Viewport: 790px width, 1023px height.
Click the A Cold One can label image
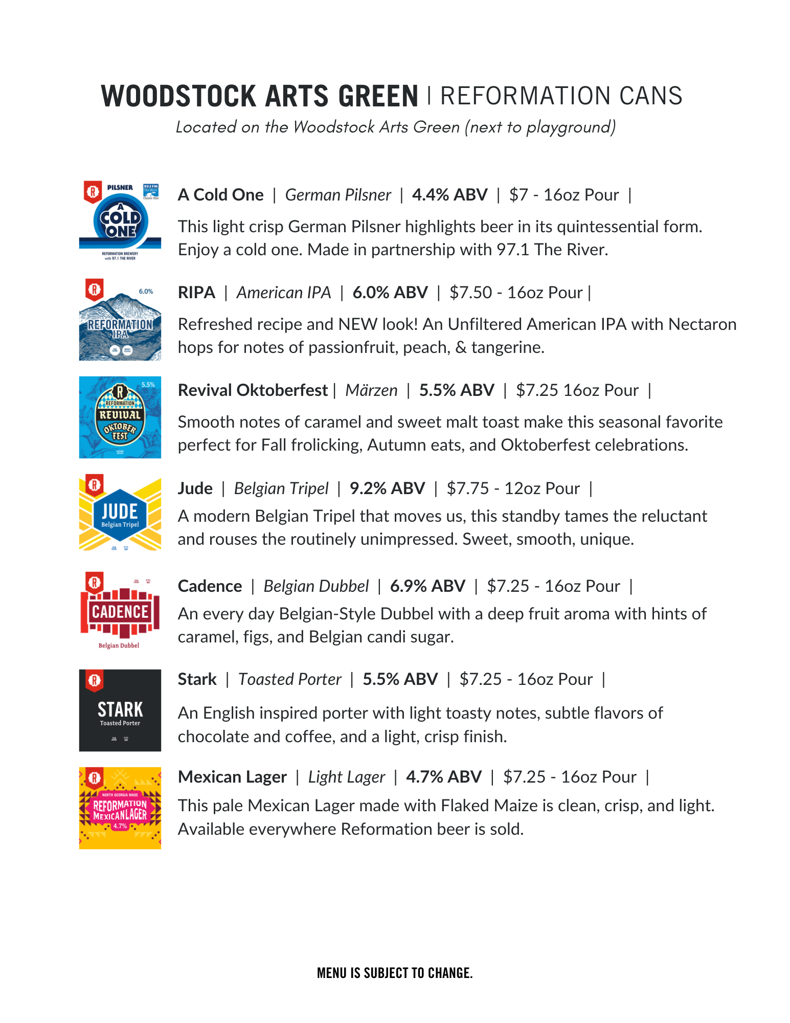(120, 220)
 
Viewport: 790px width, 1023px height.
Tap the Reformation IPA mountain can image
(120, 319)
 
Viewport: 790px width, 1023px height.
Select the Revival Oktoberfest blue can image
(120, 417)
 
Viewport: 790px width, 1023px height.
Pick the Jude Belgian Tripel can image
(120, 515)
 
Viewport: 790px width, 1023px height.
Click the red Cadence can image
(120, 611)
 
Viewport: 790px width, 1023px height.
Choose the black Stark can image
(120, 710)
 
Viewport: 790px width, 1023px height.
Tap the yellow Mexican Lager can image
(120, 808)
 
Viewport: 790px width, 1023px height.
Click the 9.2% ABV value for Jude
(387, 488)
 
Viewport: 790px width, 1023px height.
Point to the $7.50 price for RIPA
(470, 293)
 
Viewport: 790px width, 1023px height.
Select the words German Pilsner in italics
(337, 195)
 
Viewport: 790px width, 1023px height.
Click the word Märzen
(371, 390)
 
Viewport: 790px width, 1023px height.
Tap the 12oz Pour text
(542, 488)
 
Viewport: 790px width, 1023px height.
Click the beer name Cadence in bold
(210, 586)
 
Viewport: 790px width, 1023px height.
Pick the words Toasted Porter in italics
(289, 679)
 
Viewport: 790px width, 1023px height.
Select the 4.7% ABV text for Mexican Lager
(443, 777)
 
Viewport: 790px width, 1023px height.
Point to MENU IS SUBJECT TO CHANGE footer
(395, 973)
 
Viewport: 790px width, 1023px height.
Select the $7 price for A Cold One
(518, 195)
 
